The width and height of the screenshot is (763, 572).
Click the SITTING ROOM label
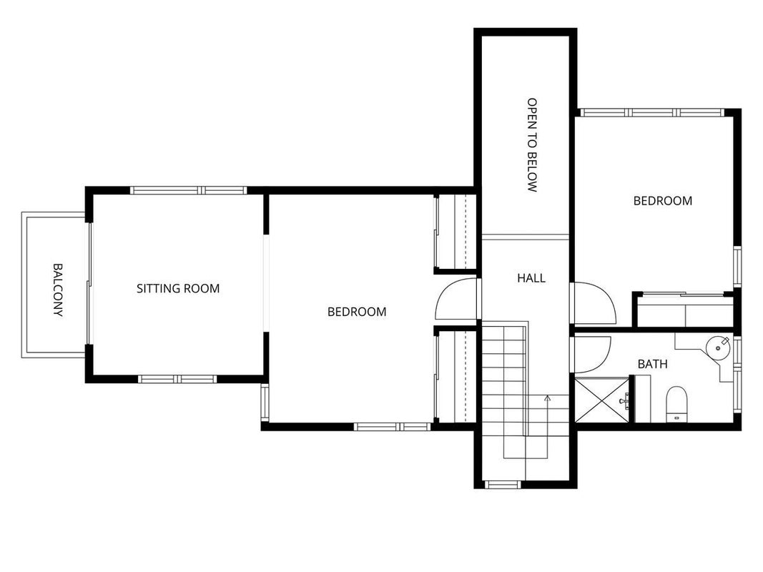coord(178,288)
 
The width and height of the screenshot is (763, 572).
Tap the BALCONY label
coord(58,290)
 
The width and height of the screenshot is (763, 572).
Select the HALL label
coord(531,278)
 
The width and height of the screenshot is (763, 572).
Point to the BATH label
coord(652,364)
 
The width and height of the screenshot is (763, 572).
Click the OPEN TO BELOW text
coord(532,145)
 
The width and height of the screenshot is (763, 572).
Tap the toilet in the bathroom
coord(676,403)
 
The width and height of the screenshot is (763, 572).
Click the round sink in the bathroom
coord(718,347)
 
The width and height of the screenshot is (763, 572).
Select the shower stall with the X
coord(602,400)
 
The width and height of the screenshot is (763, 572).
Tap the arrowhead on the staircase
coord(548,398)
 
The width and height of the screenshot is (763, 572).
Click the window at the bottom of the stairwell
coord(503,485)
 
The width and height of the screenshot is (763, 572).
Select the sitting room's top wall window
coord(188,190)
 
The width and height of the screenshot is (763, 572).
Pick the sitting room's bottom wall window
coord(177,379)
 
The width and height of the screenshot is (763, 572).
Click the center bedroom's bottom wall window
coord(392,427)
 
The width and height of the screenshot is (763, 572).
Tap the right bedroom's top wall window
coord(652,112)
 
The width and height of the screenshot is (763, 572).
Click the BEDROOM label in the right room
coord(663,201)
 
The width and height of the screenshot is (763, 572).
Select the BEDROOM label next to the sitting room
coord(357,312)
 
